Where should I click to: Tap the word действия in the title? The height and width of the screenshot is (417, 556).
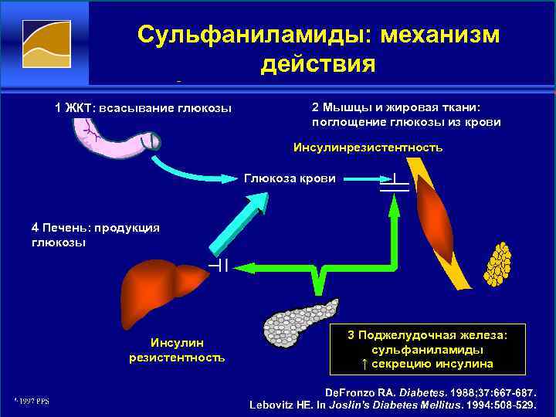[318, 63]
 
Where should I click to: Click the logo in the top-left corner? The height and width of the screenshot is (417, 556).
[46, 46]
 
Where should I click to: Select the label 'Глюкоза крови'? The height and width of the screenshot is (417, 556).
[290, 178]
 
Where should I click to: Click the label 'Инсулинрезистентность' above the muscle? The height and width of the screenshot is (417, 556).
[368, 147]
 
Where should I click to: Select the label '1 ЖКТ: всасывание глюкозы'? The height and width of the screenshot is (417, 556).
[143, 107]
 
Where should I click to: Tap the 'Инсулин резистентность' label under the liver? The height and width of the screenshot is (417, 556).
[177, 350]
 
